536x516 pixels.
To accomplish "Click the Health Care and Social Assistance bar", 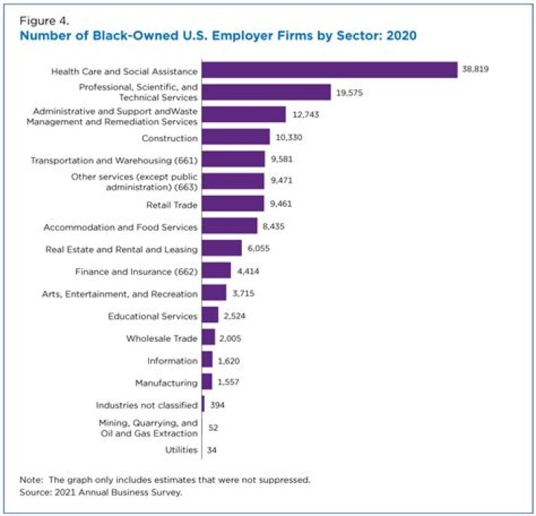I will point(329,70).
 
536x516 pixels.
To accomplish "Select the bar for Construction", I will point(235,137).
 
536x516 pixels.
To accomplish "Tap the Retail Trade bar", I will point(232,203).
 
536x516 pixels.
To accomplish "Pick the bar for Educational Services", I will point(210,315).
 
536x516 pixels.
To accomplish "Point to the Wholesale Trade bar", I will point(208,337).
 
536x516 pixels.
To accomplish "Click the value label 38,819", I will point(476,70).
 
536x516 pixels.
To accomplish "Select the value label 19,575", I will point(350,92).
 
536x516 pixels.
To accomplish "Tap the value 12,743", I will point(305,115).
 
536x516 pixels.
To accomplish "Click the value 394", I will point(217,405).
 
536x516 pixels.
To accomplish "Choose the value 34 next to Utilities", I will point(214,450).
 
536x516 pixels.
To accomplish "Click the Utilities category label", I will point(181,450).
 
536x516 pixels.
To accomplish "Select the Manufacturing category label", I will point(166,383).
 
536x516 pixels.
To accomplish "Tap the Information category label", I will point(173,360).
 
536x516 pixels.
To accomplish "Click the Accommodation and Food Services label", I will point(120,226).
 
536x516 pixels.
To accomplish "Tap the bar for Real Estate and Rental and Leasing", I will point(222,248).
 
